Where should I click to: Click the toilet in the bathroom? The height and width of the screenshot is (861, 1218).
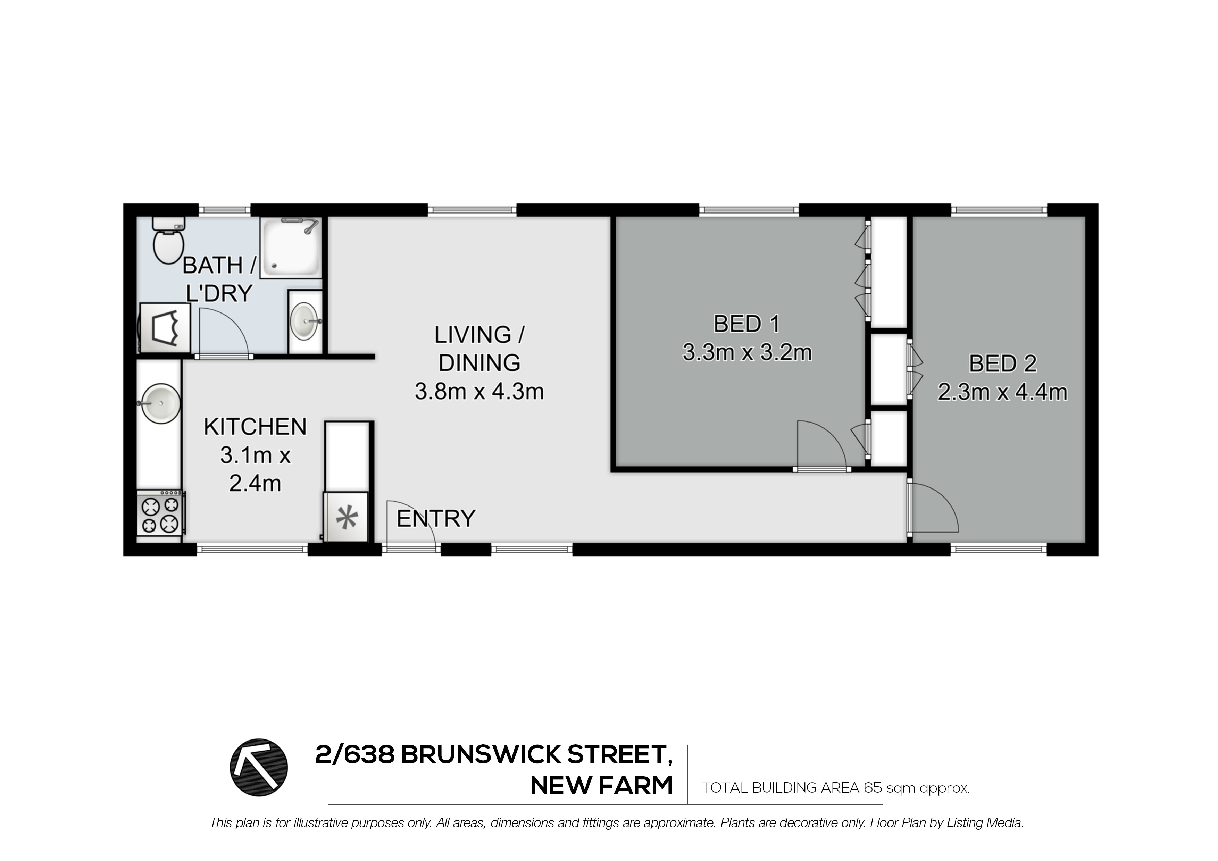pos(168,243)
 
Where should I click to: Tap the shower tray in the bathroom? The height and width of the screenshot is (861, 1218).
pos(291,248)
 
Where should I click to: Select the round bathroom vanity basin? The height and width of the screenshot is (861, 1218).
pos(305,321)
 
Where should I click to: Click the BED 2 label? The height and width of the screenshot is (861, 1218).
pos(1002,364)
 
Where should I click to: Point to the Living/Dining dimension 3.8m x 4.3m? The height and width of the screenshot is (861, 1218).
pos(479,392)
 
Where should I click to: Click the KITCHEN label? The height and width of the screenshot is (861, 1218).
pos(255,427)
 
